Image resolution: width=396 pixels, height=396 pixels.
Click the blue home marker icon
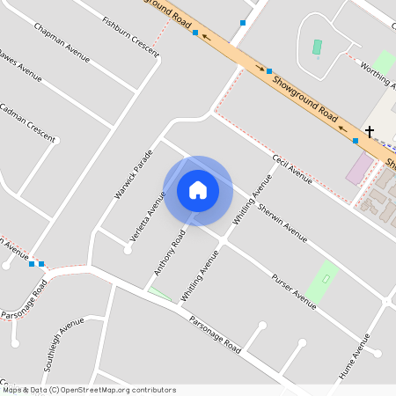point(198,190)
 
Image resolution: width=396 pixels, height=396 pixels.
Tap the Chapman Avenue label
point(62,43)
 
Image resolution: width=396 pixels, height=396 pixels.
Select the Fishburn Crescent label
point(131,35)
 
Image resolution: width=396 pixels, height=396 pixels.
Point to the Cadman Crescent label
point(27,123)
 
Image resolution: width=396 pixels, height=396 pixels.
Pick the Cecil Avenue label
point(292,168)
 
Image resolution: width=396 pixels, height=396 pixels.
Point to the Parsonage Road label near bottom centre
point(216,333)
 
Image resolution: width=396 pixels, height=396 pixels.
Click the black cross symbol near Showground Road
point(370,131)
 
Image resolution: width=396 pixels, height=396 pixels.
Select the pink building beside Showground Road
point(359,167)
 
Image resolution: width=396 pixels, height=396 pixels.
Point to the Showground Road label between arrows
point(305,98)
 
